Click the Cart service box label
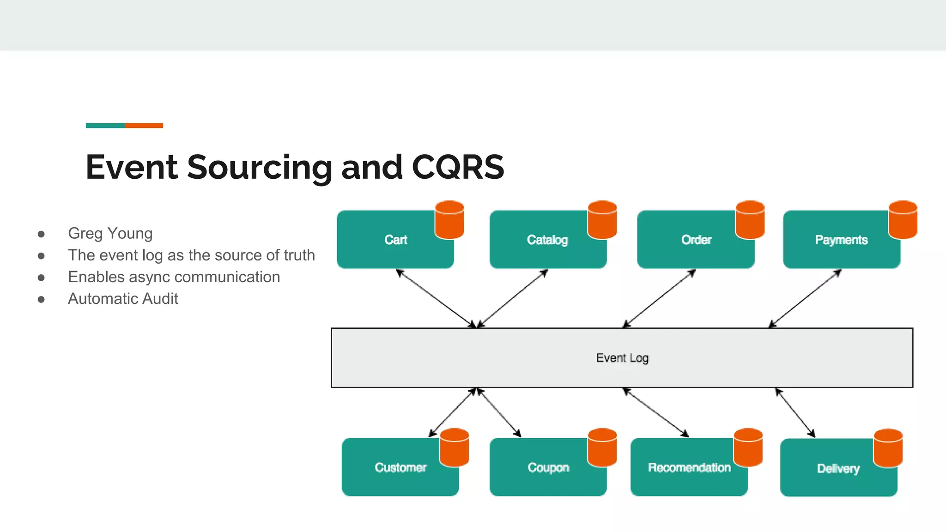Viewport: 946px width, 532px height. [395, 240]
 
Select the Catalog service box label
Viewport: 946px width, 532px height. [547, 240]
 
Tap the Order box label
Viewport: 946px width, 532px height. [696, 240]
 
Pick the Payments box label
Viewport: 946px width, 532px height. [841, 240]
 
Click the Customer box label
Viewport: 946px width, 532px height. [400, 467]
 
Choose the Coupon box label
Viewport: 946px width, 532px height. [548, 467]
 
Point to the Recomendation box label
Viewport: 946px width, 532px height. [689, 467]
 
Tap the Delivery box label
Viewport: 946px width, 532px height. [838, 468]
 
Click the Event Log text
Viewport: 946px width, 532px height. [622, 358]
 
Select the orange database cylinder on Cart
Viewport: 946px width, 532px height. [449, 220]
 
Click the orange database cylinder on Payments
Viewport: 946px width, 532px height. [903, 220]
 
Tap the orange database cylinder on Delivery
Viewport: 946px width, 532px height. [888, 448]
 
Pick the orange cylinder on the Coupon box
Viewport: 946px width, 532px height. [602, 447]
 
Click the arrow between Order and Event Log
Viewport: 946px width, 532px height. [659, 298]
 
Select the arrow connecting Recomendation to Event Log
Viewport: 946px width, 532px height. [656, 412]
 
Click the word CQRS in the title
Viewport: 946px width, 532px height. [457, 167]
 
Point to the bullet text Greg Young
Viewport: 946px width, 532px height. [110, 233]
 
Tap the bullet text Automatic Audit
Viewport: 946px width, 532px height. [123, 299]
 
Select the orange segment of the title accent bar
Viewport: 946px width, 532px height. [144, 126]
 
